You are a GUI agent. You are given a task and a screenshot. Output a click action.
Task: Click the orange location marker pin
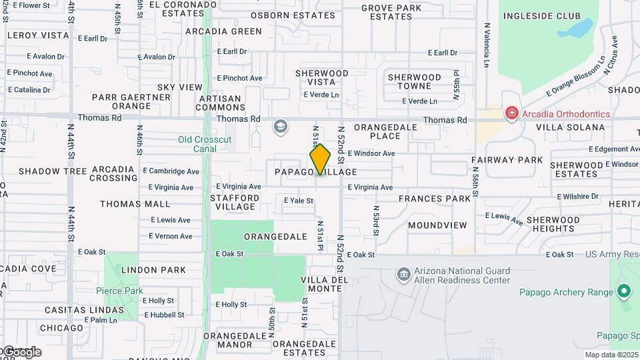tap(320, 159)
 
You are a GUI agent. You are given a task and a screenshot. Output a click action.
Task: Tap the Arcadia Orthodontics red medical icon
tap(511, 113)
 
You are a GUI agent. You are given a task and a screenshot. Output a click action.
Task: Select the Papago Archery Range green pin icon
tap(623, 291)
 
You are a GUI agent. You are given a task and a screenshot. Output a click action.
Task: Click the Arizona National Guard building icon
tap(403, 275)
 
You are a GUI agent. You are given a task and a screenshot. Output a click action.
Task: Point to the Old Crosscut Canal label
tap(198, 143)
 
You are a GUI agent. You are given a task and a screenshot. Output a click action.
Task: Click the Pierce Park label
tap(119, 291)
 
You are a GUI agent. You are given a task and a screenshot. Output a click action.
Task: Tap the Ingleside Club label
tap(541, 16)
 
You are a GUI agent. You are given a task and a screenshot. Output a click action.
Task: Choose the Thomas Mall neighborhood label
tap(136, 205)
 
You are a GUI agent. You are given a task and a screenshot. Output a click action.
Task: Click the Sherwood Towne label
tap(415, 81)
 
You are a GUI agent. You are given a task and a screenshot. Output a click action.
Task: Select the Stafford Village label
tap(234, 202)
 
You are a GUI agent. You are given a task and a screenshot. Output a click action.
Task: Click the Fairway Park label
tap(507, 160)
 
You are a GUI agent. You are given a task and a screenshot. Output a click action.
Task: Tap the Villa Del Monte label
tap(325, 284)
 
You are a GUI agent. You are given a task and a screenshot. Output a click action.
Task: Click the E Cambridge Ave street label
tap(171, 171)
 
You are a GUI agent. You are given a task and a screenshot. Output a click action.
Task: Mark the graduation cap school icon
tap(281, 126)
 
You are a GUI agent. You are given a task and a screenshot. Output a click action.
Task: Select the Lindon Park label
tap(154, 270)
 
